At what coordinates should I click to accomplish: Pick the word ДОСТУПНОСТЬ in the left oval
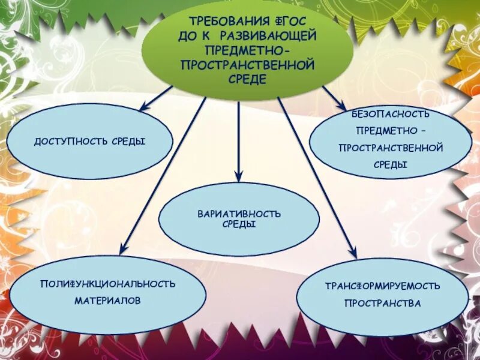70,141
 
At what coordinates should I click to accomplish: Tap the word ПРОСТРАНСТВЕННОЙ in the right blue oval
391,147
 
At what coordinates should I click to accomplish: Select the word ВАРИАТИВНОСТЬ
239,214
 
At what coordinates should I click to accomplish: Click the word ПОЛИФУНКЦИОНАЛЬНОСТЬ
108,283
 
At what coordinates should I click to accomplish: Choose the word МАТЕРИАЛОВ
108,300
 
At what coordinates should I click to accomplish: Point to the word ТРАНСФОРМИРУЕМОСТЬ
383,286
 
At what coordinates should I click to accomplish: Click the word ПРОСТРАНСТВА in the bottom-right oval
383,304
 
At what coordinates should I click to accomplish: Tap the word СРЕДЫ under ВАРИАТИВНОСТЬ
239,224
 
